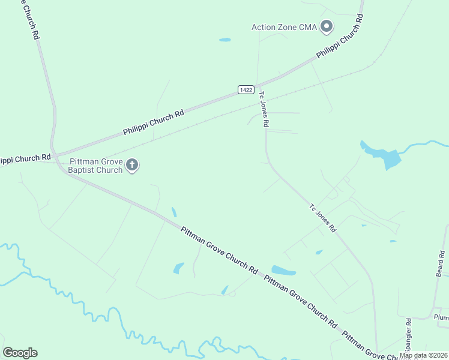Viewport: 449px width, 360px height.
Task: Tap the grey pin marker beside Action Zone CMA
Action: (x=327, y=26)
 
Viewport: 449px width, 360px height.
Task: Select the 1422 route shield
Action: (x=245, y=89)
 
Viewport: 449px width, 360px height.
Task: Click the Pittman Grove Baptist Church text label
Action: (x=96, y=166)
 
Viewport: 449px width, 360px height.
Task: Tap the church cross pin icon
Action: (x=133, y=165)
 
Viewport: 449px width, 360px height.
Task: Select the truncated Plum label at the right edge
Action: (x=441, y=317)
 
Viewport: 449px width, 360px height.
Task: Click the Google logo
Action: (x=20, y=352)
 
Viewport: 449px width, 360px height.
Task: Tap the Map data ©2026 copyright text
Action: (x=424, y=355)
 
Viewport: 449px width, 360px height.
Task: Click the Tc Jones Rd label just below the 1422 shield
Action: (x=264, y=109)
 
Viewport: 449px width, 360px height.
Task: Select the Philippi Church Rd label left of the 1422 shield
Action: (x=153, y=122)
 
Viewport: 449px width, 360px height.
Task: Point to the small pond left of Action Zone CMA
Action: (x=225, y=40)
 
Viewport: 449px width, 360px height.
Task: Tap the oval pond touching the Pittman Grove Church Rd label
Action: (x=283, y=271)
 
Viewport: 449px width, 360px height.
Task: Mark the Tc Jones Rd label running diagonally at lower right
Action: (x=323, y=218)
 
